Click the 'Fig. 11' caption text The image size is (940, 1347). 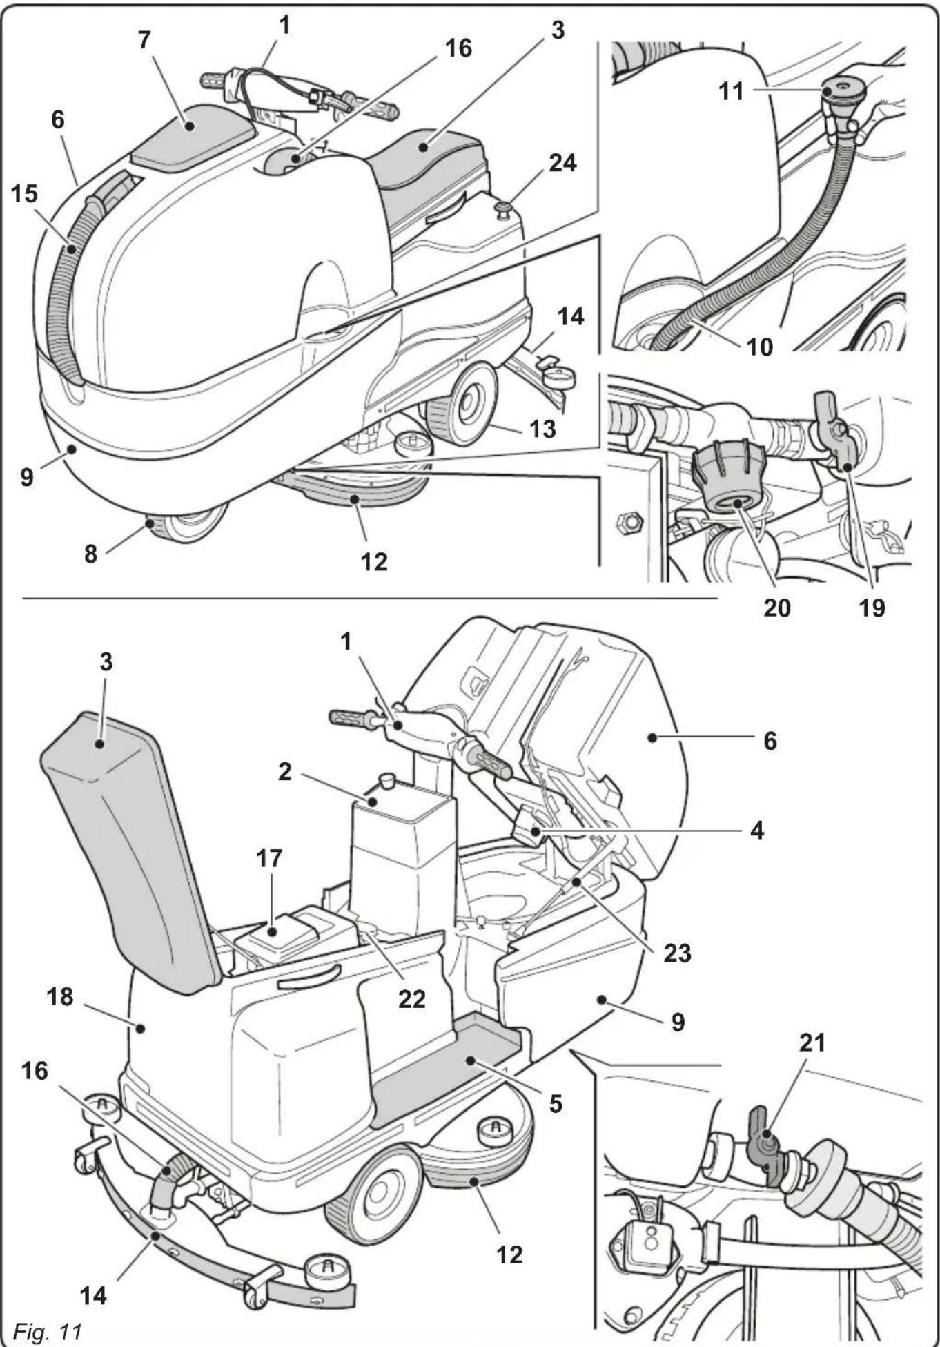[47, 1330]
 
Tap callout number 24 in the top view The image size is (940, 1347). [562, 164]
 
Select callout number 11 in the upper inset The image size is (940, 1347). [731, 91]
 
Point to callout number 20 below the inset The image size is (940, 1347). [776, 607]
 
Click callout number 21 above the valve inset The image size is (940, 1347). [812, 1042]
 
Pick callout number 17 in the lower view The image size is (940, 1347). [269, 858]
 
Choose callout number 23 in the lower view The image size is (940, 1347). [677, 953]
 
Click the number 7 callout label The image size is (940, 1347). [144, 40]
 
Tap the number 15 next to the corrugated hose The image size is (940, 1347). [24, 194]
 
